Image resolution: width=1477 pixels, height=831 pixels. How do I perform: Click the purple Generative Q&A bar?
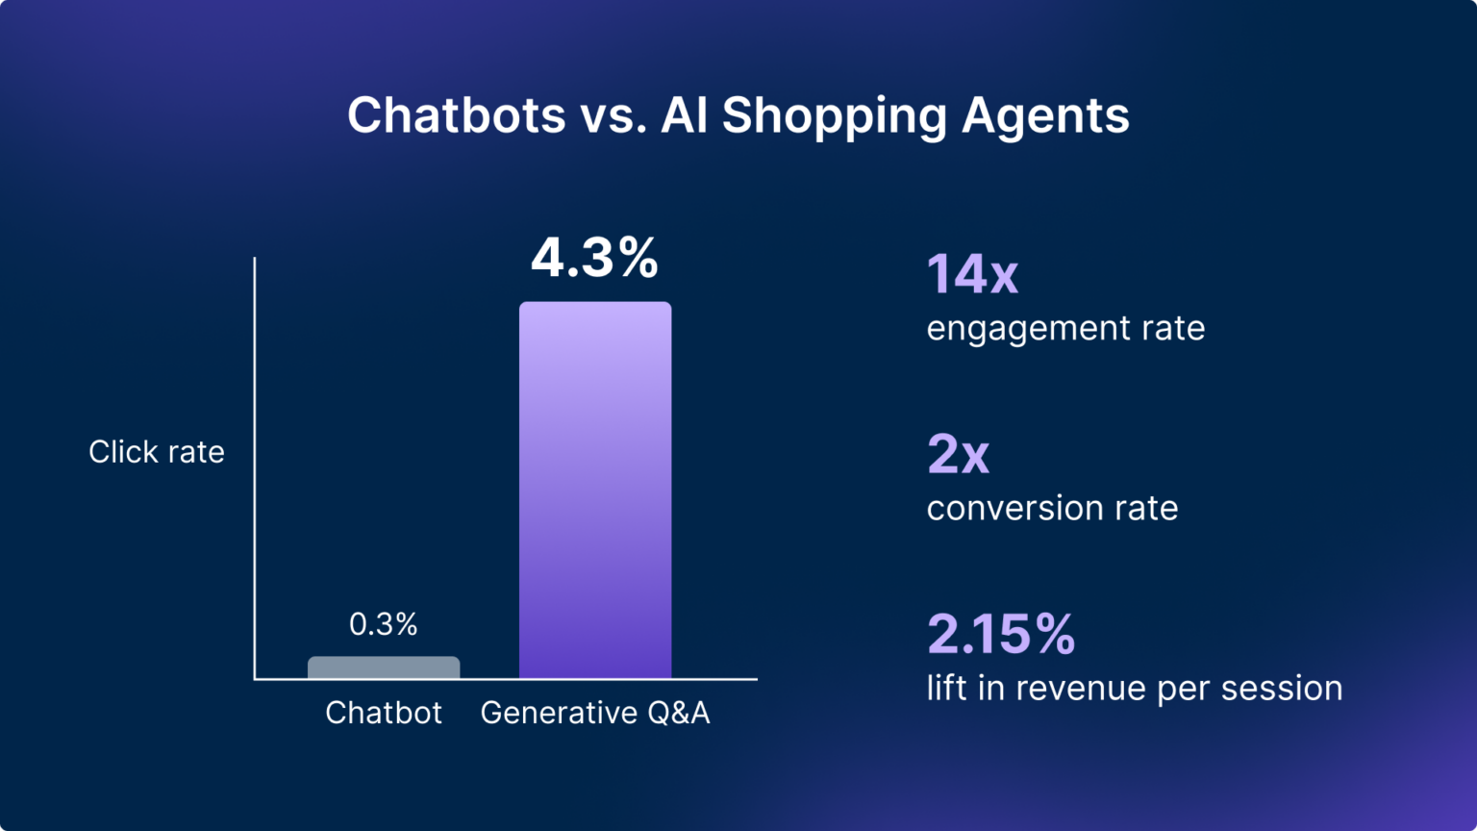click(595, 491)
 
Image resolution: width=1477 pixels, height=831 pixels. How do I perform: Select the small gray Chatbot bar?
click(384, 667)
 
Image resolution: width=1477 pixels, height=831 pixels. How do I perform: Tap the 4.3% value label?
click(594, 258)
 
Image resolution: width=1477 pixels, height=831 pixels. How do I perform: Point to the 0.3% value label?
click(383, 624)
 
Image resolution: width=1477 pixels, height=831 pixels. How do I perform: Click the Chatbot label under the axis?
click(384, 713)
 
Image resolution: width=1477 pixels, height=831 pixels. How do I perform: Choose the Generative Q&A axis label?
click(595, 713)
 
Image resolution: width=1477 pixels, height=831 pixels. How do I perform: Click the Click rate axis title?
click(157, 452)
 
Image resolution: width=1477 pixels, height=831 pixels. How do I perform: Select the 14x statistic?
click(971, 274)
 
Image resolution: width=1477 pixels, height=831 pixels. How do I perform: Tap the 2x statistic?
click(958, 454)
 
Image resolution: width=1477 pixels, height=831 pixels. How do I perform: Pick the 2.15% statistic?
click(1001, 634)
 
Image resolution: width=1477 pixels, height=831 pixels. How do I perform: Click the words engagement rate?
click(1065, 329)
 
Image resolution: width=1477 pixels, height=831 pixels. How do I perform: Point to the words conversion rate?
click(1052, 508)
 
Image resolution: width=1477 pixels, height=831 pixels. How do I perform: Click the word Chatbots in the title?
click(457, 115)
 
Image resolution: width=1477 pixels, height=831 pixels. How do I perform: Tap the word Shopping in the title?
click(835, 115)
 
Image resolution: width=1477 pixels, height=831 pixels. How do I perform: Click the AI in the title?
click(685, 115)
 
